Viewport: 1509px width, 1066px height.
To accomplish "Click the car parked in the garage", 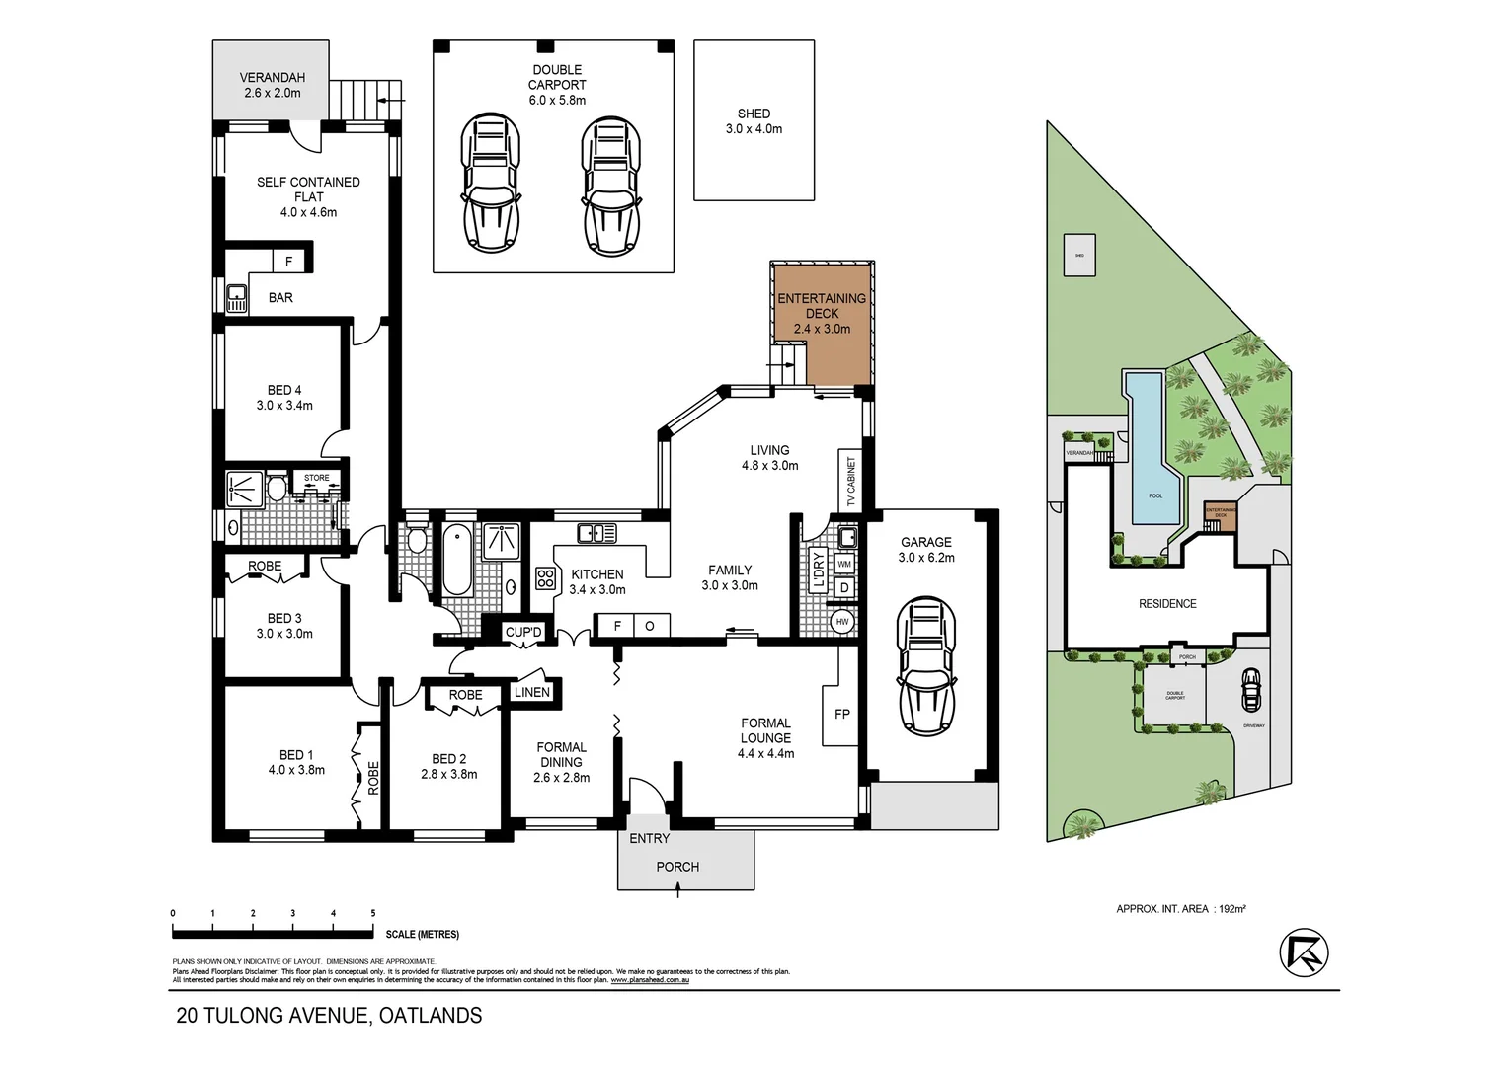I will pyautogui.click(x=925, y=666).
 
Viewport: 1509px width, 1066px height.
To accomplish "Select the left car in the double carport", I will pyautogui.click(x=490, y=183).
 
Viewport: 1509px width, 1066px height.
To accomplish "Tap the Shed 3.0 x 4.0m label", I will pyautogui.click(x=754, y=121).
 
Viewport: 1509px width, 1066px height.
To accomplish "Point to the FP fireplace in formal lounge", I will pyautogui.click(x=841, y=714).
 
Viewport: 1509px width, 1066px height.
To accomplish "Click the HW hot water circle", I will pyautogui.click(x=842, y=622).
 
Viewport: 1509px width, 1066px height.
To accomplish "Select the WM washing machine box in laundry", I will pyautogui.click(x=844, y=564).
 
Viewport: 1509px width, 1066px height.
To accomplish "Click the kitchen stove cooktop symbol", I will pyautogui.click(x=545, y=578).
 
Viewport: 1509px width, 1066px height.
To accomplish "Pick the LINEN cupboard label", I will pyautogui.click(x=531, y=692).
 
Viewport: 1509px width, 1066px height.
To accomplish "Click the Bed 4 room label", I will pyautogui.click(x=284, y=397).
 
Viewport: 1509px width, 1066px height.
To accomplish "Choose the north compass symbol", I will pyautogui.click(x=1304, y=952).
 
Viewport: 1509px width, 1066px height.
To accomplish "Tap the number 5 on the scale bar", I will pyautogui.click(x=373, y=914).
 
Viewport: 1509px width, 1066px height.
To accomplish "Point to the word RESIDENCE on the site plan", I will pyautogui.click(x=1167, y=603).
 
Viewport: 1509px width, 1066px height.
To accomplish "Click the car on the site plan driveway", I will pyautogui.click(x=1250, y=690).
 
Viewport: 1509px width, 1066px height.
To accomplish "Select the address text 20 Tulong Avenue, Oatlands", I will pyautogui.click(x=329, y=1015).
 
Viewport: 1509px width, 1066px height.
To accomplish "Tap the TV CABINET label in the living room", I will pyautogui.click(x=850, y=481).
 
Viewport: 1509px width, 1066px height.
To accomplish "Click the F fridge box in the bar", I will pyautogui.click(x=288, y=262).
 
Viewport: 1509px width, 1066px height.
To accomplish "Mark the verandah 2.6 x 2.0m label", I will pyautogui.click(x=273, y=85).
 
